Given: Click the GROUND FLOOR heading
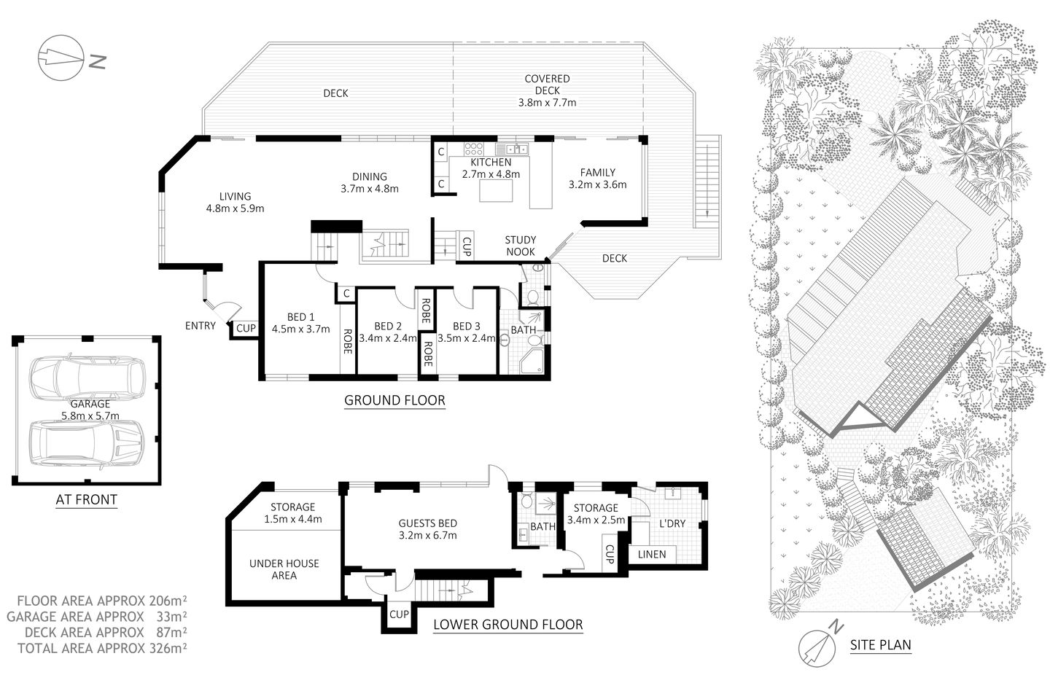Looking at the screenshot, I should point(394,400).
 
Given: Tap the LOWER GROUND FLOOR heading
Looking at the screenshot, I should point(507,625).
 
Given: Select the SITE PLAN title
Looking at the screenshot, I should point(880,645).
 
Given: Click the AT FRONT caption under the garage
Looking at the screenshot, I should point(86,500).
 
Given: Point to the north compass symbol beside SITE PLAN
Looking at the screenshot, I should point(820,644).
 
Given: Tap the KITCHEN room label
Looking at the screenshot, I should point(490,162).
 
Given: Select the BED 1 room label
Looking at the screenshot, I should point(300,316).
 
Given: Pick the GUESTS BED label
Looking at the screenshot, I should point(427,523).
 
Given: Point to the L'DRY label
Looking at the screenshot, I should point(672,523).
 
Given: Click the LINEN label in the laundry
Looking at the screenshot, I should point(651,554).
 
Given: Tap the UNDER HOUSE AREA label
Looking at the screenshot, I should point(284,569).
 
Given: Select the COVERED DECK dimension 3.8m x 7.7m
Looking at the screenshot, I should point(547,103).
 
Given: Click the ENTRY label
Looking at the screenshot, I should point(200,326).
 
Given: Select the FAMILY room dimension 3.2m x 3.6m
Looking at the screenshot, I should point(597,184).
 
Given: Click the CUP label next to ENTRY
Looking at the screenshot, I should point(246,329).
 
